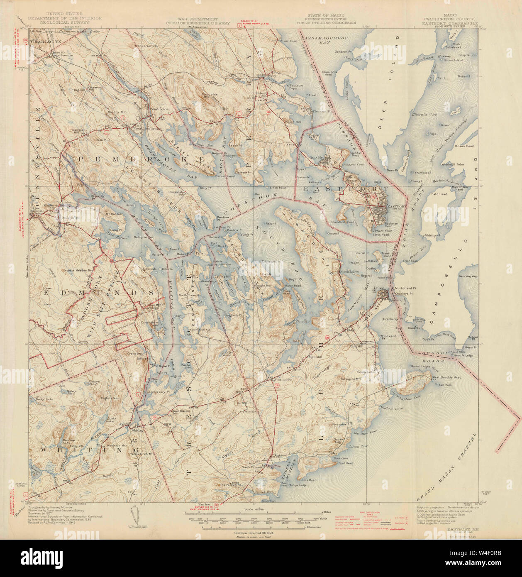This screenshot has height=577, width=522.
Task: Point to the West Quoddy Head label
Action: click(446, 377)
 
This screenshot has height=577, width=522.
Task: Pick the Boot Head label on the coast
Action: click(345, 463)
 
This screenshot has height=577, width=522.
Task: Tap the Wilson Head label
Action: click(464, 146)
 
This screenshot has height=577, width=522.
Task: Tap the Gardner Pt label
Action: click(343, 52)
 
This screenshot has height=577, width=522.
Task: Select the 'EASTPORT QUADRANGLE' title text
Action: click(449, 23)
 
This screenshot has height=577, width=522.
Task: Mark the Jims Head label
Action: click(309, 480)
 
